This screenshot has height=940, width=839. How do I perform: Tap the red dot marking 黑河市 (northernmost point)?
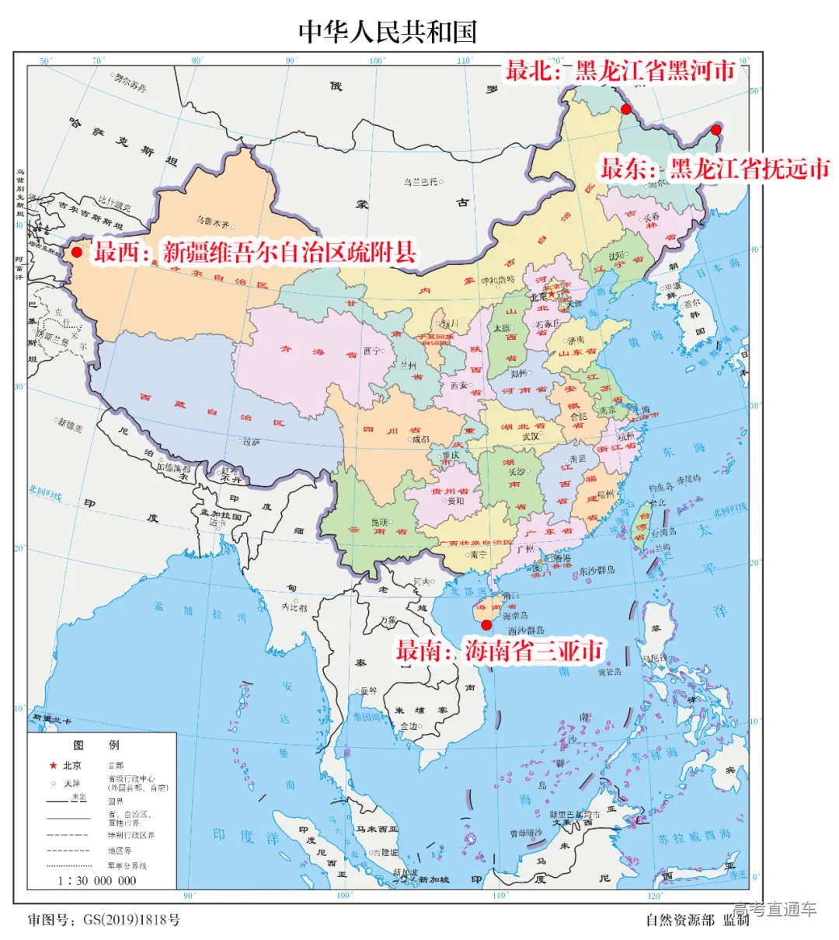(x=626, y=109)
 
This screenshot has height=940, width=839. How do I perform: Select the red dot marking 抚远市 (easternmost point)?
(x=715, y=130)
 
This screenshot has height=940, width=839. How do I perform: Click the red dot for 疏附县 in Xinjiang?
(x=76, y=253)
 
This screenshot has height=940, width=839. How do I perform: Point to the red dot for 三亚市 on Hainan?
(x=487, y=624)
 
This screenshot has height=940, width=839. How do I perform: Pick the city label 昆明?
(x=379, y=522)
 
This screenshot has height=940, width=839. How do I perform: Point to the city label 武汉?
(x=531, y=436)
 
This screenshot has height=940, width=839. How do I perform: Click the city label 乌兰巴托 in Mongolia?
(x=419, y=182)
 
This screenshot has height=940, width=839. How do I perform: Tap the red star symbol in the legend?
(x=53, y=766)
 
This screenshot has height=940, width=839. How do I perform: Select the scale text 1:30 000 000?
(x=96, y=881)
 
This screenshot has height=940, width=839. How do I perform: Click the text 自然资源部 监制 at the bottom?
(x=697, y=920)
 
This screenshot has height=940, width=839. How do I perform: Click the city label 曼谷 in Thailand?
(x=367, y=690)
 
